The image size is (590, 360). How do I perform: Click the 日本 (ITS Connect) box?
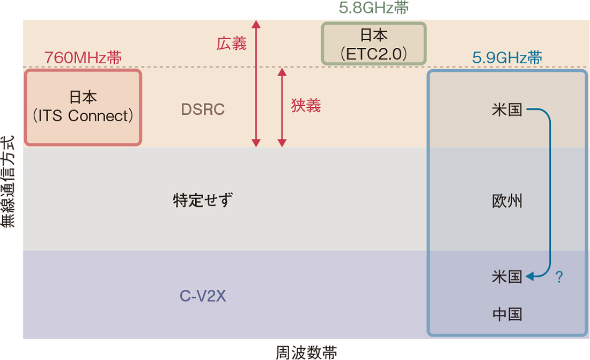(x=83, y=107)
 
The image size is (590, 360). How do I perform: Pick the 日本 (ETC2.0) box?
(x=373, y=43)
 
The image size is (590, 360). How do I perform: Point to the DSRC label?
(x=203, y=109)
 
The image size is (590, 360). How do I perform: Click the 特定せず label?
(x=203, y=201)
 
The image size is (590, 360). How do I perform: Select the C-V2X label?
(x=203, y=296)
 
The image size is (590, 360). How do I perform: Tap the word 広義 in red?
(x=232, y=44)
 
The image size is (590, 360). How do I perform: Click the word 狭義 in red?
(x=306, y=106)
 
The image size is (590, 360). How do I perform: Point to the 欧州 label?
(x=507, y=202)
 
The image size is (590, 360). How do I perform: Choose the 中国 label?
(x=507, y=314)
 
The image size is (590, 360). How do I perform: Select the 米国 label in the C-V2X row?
(x=507, y=277)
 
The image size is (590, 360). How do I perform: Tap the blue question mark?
(x=559, y=277)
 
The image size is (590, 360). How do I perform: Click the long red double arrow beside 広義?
(x=256, y=83)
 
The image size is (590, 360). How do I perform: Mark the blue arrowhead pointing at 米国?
(x=530, y=277)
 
